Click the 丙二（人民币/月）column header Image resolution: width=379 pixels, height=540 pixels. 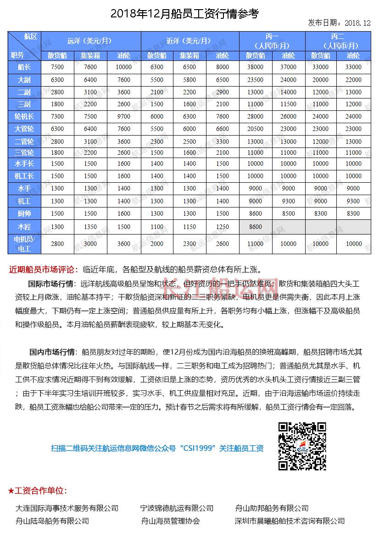tap(337, 41)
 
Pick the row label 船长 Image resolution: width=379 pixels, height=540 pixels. tap(24, 67)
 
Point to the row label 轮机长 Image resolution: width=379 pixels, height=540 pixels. tap(24, 117)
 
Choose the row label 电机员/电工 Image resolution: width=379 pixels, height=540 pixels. tap(24, 244)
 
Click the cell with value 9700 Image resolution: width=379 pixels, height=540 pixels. tap(123, 117)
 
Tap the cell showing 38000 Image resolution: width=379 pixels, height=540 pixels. tap(256, 67)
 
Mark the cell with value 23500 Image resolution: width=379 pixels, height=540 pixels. tap(256, 79)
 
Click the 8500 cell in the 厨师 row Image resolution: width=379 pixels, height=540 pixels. tap(289, 213)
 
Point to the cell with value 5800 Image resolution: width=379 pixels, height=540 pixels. tap(189, 79)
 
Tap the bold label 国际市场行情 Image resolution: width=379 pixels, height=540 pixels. tap(51, 284)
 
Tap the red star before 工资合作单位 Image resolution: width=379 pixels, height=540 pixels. tap(11, 491)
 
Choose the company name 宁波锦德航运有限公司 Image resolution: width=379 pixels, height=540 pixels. tap(177, 508)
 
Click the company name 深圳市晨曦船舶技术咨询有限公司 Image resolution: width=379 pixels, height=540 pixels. tap(290, 521)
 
